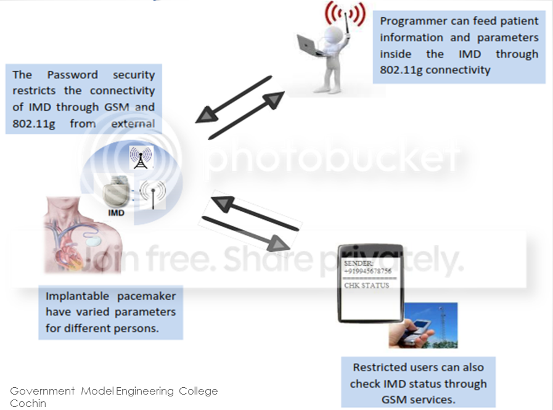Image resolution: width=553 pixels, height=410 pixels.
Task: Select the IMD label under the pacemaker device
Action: pos(116,213)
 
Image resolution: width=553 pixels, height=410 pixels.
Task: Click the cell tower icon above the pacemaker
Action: pos(141,158)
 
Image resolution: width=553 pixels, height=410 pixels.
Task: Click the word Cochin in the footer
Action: pos(28,403)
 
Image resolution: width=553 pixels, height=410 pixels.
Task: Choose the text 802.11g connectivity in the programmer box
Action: pos(435,70)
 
